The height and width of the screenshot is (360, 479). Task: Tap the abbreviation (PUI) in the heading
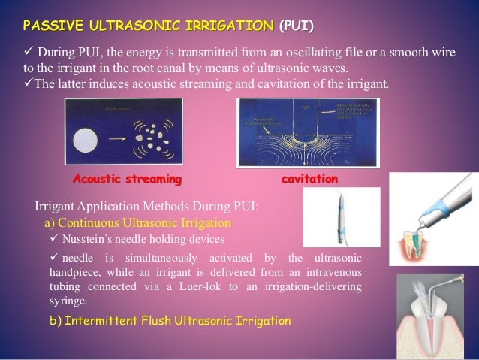point(297,28)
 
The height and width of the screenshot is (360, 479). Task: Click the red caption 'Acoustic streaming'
point(127,180)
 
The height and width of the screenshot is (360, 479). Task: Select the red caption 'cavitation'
point(309,180)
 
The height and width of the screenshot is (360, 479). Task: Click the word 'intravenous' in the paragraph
point(330,274)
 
